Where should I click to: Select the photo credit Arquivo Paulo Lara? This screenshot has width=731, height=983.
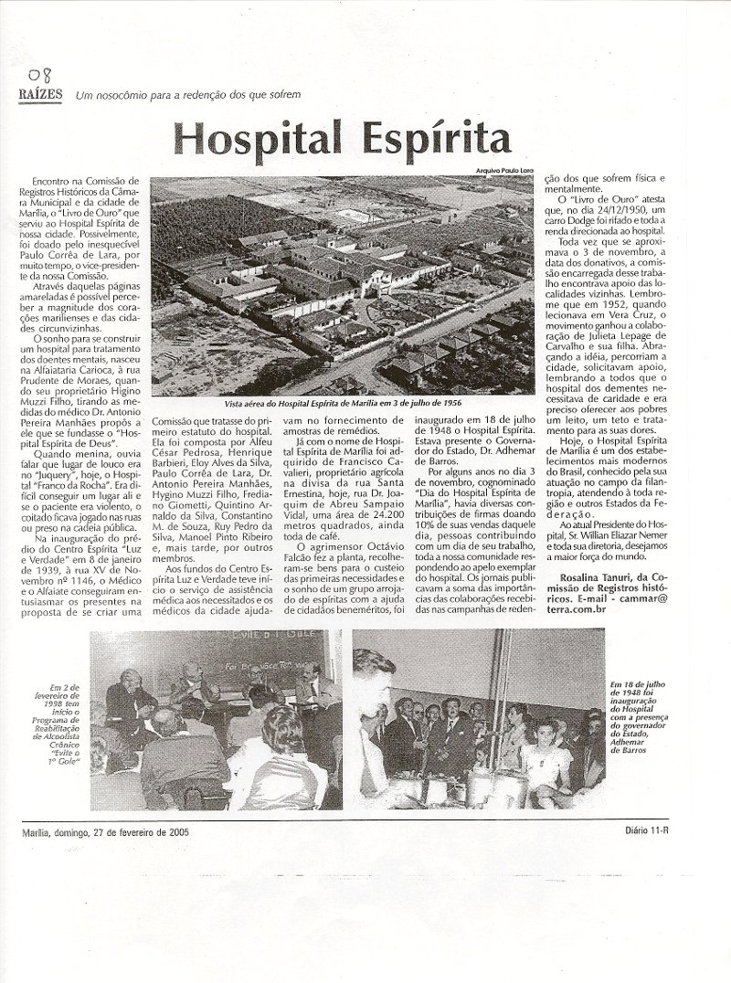[x=503, y=172]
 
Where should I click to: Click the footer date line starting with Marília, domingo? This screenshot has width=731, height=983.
[x=107, y=830]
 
